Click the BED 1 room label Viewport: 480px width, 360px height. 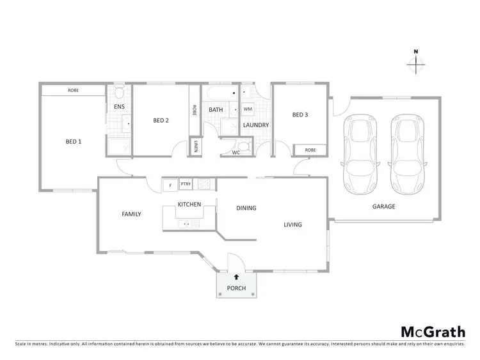pyautogui.click(x=74, y=141)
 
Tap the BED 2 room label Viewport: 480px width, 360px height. pyautogui.click(x=161, y=120)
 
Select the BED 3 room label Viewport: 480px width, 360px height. pyautogui.click(x=300, y=115)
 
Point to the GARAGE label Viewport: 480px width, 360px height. pyautogui.click(x=384, y=207)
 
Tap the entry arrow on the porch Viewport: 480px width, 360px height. pyautogui.click(x=236, y=277)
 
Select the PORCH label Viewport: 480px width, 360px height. pyautogui.click(x=236, y=288)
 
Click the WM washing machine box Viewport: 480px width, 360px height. pyautogui.click(x=248, y=109)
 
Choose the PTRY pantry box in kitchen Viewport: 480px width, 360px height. pyautogui.click(x=186, y=184)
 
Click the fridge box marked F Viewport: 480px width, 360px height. pyautogui.click(x=170, y=185)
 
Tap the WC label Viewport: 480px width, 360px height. pyautogui.click(x=236, y=153)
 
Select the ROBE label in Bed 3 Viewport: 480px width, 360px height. pyautogui.click(x=310, y=150)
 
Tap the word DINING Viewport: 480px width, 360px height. pyautogui.click(x=246, y=208)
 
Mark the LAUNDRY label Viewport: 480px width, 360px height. pyautogui.click(x=256, y=125)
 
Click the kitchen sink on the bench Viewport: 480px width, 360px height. pyautogui.click(x=186, y=223)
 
